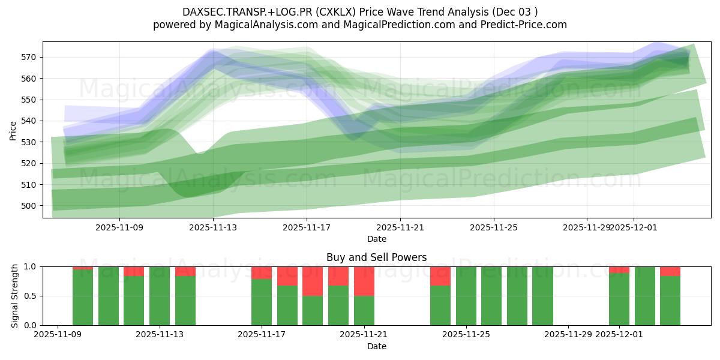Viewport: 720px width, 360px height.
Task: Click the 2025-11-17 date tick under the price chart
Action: pos(307,228)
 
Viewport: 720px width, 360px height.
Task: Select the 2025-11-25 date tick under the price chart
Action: pos(494,228)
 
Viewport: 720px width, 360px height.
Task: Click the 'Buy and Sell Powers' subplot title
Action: pos(376,257)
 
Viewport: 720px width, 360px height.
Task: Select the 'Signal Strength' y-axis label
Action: pos(15,296)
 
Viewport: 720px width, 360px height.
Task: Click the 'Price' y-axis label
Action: pos(13,130)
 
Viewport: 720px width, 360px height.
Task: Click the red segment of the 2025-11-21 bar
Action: pos(364,281)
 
